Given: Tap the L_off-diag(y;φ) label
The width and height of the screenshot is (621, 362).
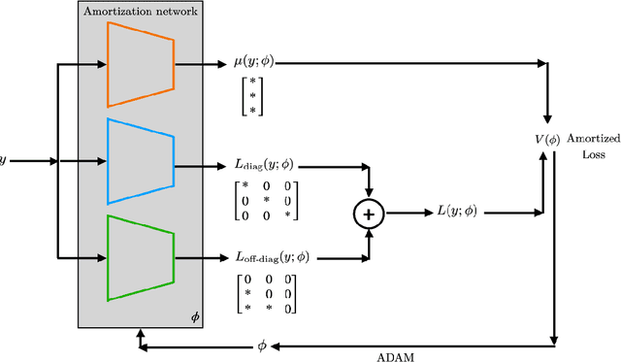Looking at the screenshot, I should pos(275,258).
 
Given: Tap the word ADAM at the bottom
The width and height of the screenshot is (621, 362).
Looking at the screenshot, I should pos(396,356).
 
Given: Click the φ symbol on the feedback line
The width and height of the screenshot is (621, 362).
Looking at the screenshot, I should pos(261,345).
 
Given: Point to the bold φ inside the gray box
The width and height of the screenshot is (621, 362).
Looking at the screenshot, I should pos(195,316).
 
